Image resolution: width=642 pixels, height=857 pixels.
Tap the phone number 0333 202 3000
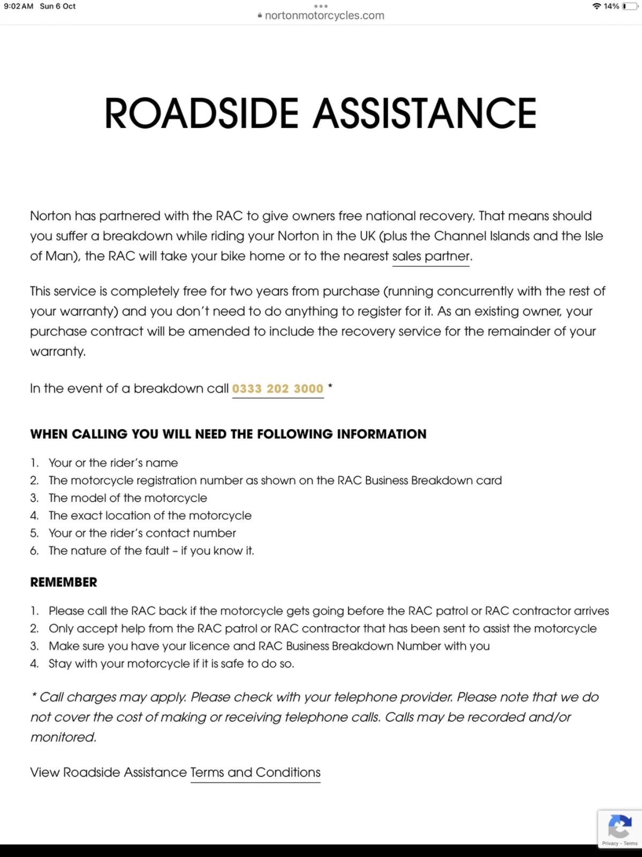pyautogui.click(x=277, y=388)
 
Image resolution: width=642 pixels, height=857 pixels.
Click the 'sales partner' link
pyautogui.click(x=431, y=256)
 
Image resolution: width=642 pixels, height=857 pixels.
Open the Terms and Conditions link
pyautogui.click(x=255, y=772)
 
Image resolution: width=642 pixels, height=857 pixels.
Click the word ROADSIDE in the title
pyautogui.click(x=201, y=114)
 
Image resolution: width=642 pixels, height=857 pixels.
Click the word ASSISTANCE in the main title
pyautogui.click(x=425, y=114)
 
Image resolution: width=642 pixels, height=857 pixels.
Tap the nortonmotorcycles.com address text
pyautogui.click(x=324, y=16)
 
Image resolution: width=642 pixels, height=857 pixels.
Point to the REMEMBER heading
pyautogui.click(x=64, y=582)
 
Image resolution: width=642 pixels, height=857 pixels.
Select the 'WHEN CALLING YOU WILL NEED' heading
pyautogui.click(x=228, y=434)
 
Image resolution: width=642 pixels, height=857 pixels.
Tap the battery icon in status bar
pyautogui.click(x=630, y=6)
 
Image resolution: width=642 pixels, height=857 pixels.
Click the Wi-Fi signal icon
pyautogui.click(x=596, y=6)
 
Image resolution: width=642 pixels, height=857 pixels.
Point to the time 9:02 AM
pyautogui.click(x=19, y=6)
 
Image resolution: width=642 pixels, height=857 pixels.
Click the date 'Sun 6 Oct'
pyautogui.click(x=58, y=6)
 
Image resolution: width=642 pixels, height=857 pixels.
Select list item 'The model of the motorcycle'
pyautogui.click(x=127, y=498)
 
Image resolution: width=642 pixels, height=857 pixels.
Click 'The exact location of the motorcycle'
pyautogui.click(x=150, y=515)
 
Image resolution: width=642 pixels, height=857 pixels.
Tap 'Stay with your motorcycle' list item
pyautogui.click(x=171, y=664)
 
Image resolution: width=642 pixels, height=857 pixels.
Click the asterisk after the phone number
pyautogui.click(x=330, y=386)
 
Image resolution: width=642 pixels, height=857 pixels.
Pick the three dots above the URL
pyautogui.click(x=321, y=6)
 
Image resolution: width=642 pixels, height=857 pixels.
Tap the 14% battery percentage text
pyautogui.click(x=611, y=6)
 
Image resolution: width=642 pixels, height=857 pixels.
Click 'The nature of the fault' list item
pyautogui.click(x=151, y=551)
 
